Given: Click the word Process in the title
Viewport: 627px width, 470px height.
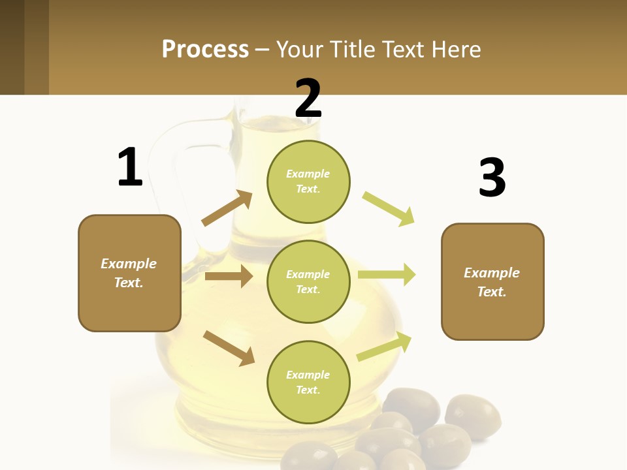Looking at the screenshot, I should (x=205, y=49).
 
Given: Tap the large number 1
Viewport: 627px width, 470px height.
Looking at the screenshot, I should (x=130, y=167).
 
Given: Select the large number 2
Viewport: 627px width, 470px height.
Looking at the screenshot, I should (x=308, y=98).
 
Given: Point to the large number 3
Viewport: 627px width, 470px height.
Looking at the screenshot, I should (x=492, y=178).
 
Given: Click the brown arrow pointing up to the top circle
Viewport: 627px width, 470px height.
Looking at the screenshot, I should (x=227, y=208).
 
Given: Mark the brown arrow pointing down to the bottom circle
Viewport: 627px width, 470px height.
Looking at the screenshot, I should (x=229, y=347).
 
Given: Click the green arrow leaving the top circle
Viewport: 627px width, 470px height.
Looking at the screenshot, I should (x=389, y=208).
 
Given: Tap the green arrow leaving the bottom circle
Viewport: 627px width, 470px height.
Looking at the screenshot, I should (x=384, y=347).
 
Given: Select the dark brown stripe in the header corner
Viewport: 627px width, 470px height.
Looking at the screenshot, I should (x=12, y=47).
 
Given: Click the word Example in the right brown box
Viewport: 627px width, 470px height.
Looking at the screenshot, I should (x=491, y=273).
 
